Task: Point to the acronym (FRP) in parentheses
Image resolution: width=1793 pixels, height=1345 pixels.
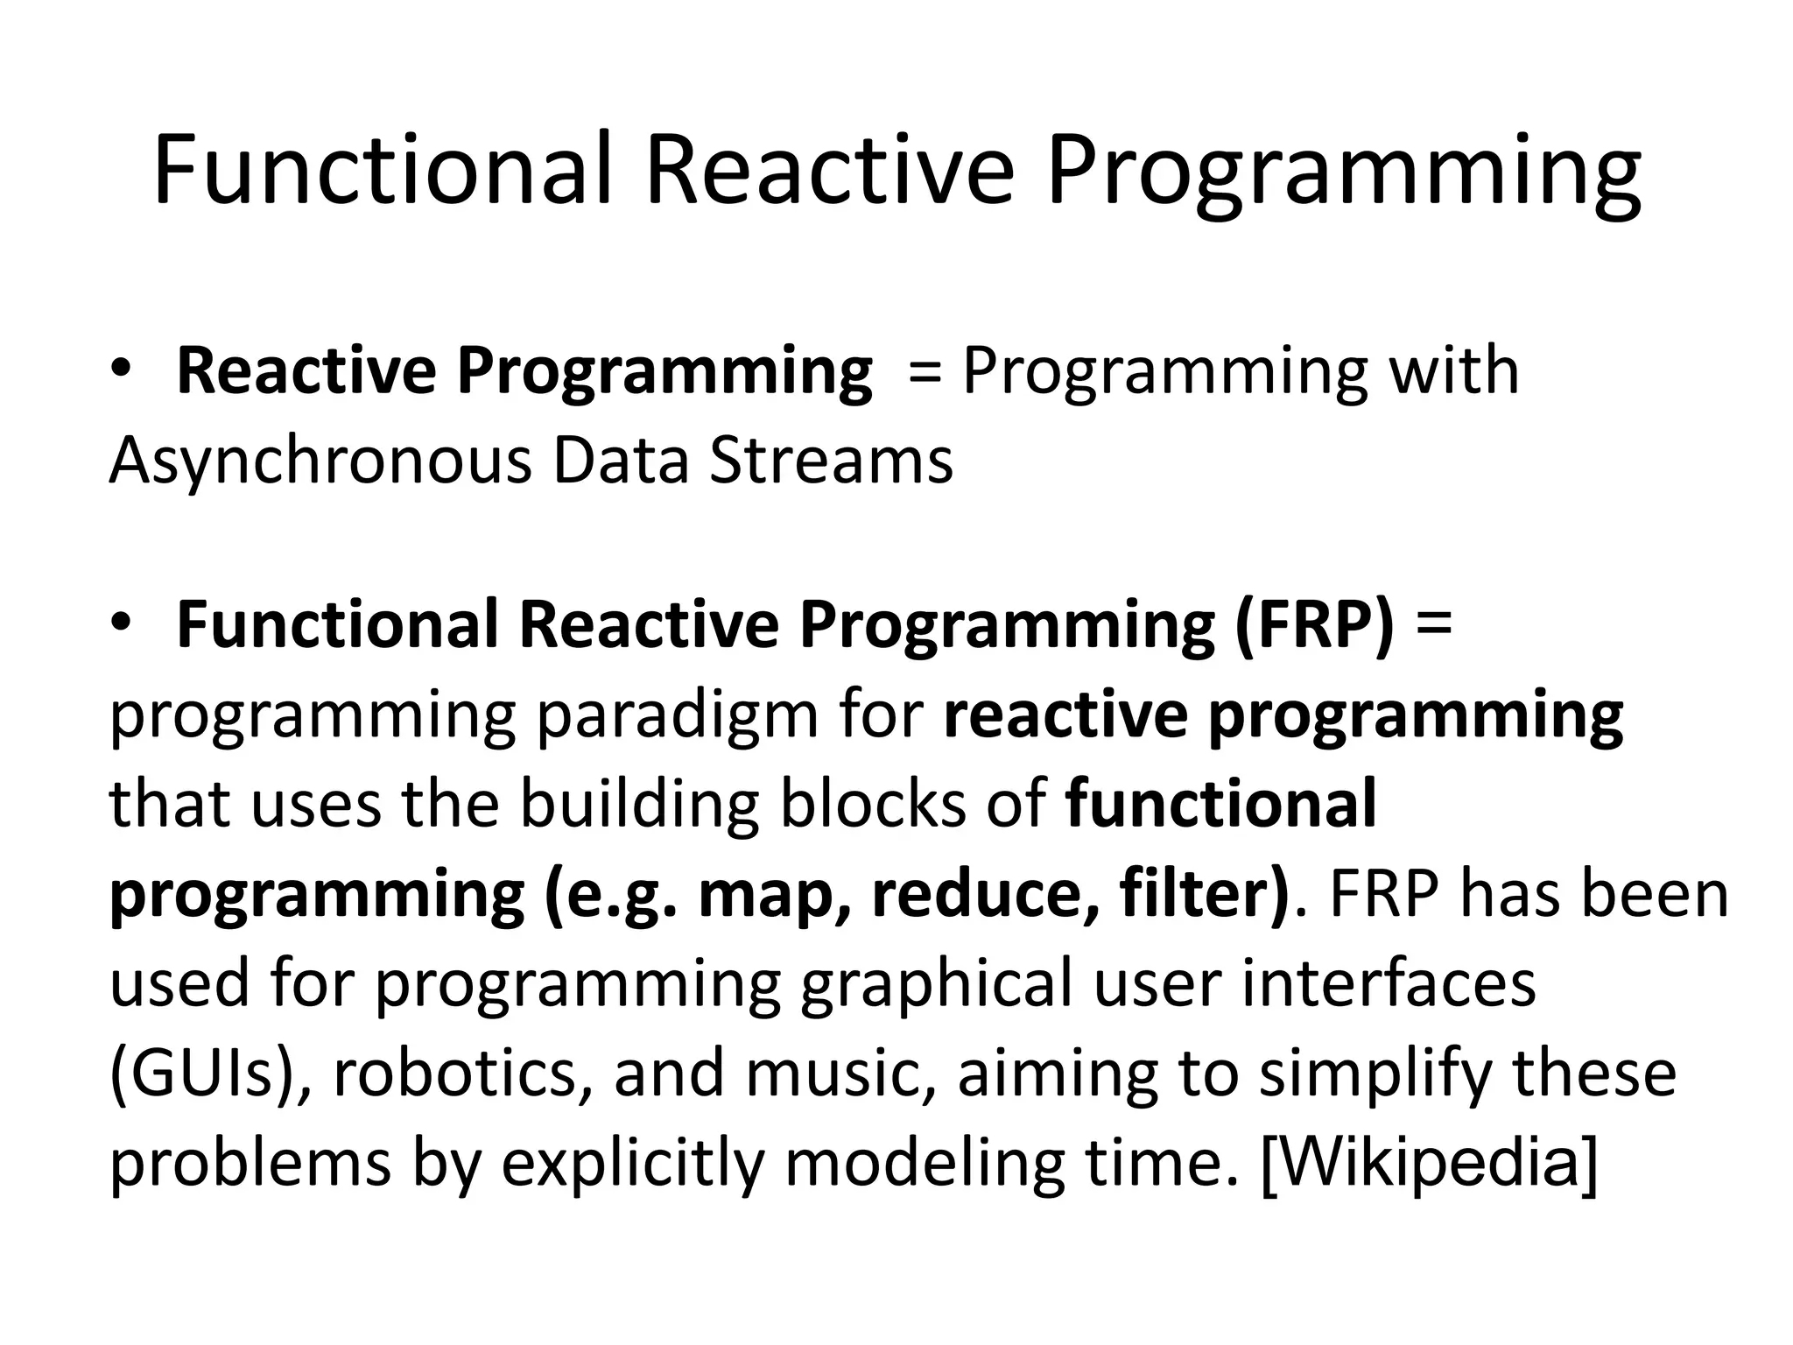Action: pos(1314,625)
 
